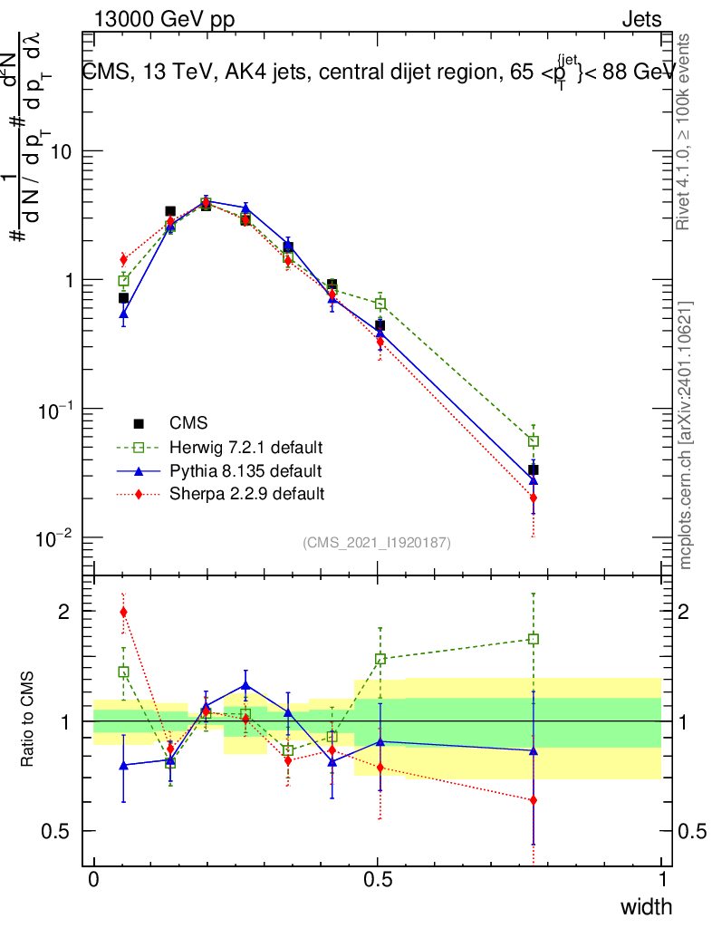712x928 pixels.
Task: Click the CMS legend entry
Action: click(x=188, y=423)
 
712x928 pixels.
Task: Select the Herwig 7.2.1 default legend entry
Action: click(x=245, y=448)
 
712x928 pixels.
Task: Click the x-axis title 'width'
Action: click(x=646, y=906)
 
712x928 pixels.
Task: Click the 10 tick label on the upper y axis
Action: click(x=60, y=151)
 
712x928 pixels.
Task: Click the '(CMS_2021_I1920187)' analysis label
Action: click(x=377, y=543)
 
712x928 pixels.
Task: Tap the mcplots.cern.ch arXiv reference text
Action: click(x=687, y=435)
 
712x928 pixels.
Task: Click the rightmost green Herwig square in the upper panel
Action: click(x=534, y=441)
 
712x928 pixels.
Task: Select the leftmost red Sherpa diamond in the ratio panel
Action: click(x=123, y=612)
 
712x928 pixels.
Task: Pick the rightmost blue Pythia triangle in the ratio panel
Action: click(x=534, y=750)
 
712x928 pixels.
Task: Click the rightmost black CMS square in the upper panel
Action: click(x=534, y=469)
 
